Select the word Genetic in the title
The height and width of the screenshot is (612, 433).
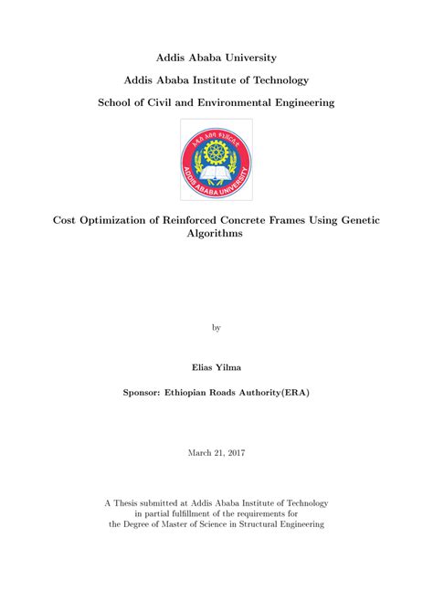[357, 219]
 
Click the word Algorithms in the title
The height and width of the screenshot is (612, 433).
[216, 234]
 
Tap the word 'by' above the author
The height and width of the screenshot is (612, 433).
[216, 325]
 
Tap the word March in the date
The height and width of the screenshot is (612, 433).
[201, 451]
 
